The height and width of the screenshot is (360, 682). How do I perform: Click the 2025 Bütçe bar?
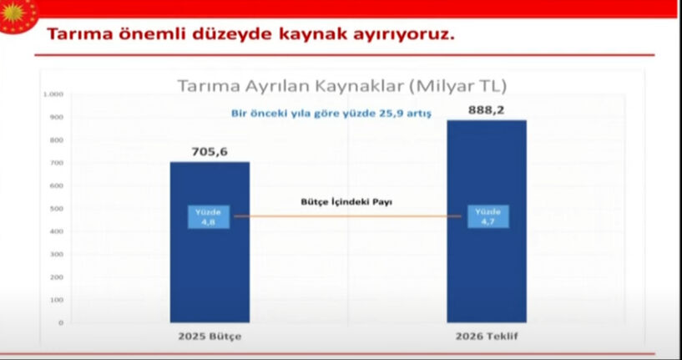[x=210, y=267]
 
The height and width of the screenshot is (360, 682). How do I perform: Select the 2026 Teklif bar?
[x=487, y=267]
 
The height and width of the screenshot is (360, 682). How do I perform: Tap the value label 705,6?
[x=210, y=151]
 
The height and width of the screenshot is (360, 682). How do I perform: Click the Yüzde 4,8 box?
[x=208, y=216]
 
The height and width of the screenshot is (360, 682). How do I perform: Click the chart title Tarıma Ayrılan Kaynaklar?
[x=341, y=85]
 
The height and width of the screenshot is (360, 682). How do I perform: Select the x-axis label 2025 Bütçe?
[x=209, y=338]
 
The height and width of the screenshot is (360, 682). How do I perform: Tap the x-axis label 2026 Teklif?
[x=486, y=338]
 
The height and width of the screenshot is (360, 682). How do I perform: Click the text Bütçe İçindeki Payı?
[x=346, y=202]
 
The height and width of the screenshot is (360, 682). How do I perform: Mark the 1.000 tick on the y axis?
[x=55, y=94]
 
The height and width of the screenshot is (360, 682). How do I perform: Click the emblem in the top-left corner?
[x=18, y=15]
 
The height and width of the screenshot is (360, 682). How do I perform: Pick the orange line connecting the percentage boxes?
[x=346, y=216]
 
